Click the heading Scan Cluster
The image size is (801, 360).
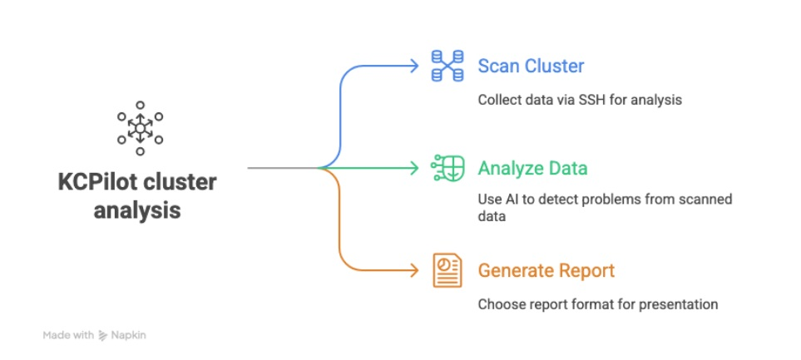point(531,66)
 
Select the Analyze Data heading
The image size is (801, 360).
point(532,169)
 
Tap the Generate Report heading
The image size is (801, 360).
point(546,270)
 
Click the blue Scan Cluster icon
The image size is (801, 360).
point(447,66)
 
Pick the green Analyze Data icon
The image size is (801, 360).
point(447,168)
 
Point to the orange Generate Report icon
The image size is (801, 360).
point(447,270)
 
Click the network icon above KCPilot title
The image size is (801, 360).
point(140,128)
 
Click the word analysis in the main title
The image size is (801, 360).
point(137,210)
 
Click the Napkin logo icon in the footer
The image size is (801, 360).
point(104,336)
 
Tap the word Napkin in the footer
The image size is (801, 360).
point(130,336)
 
